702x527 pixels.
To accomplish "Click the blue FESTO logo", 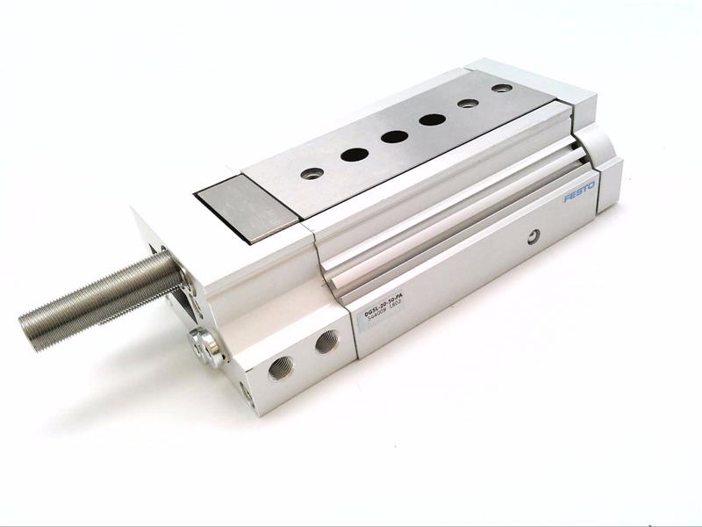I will [578, 191].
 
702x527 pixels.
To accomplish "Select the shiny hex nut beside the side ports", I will [209, 345].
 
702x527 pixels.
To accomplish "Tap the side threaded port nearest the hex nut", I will [282, 366].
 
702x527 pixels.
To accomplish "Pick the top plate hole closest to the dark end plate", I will [312, 173].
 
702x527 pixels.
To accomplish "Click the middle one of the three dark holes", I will [394, 137].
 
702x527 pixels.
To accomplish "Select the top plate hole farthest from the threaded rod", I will [501, 89].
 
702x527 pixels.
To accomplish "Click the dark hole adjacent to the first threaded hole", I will [355, 155].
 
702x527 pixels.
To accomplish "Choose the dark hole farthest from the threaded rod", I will [432, 119].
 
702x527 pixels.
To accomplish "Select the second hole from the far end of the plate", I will [469, 103].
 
